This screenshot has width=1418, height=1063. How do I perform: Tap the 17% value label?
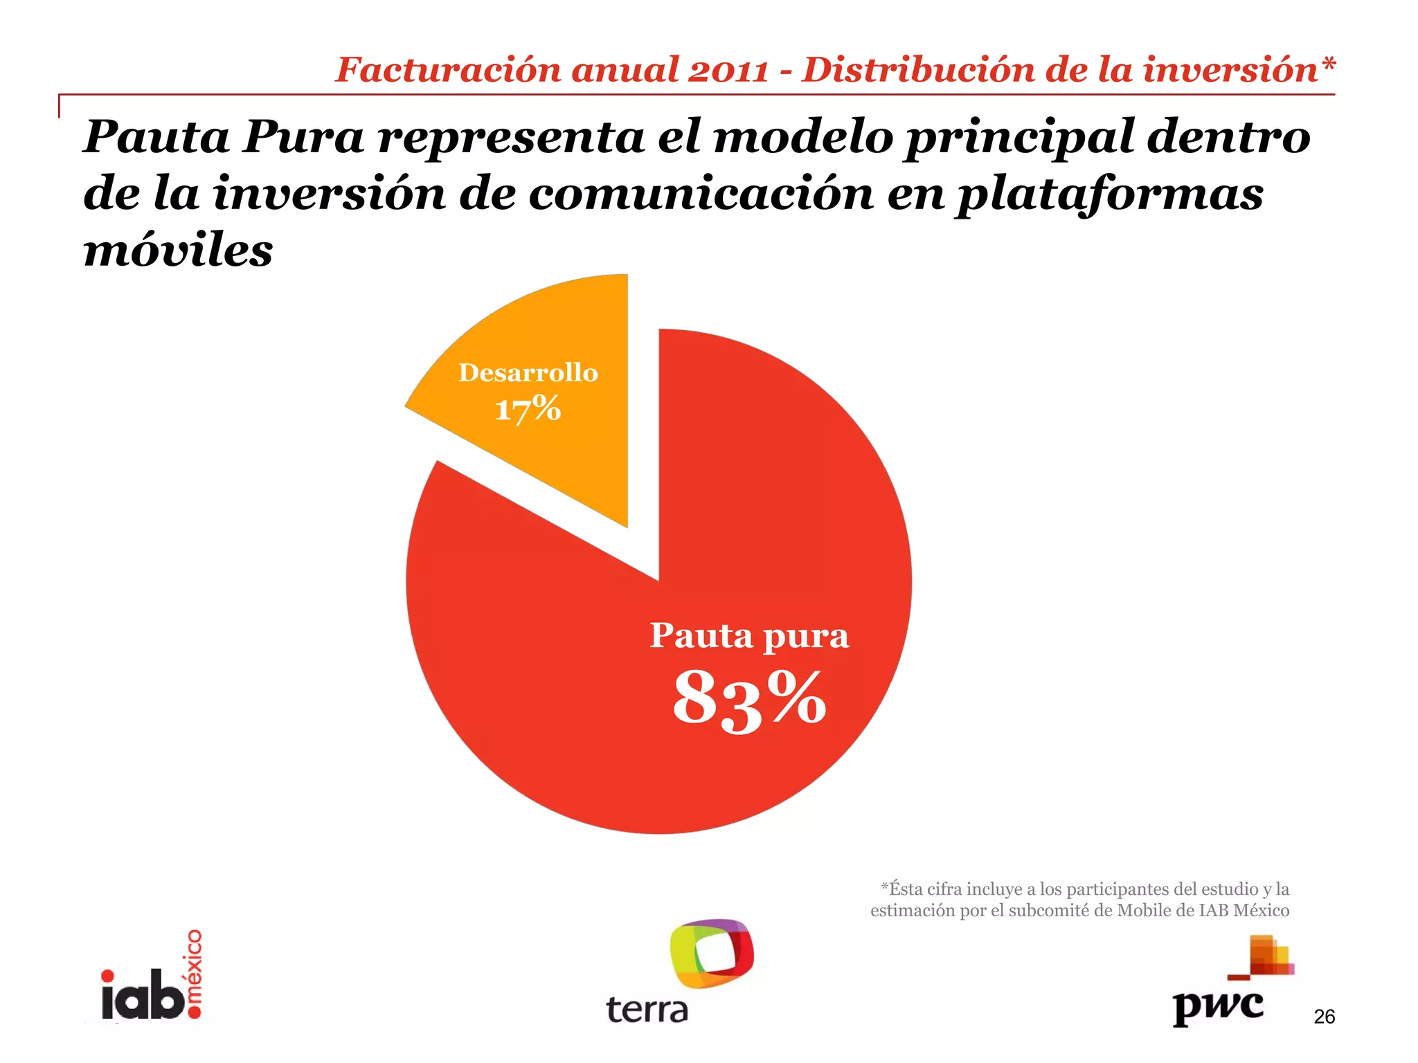tap(528, 409)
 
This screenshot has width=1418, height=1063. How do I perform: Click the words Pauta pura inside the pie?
tap(749, 635)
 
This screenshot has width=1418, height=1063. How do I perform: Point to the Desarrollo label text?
tap(528, 373)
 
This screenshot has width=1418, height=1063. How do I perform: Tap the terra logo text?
tap(647, 1010)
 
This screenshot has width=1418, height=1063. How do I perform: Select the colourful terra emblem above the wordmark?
tap(712, 953)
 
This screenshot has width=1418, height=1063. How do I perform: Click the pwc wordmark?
tap(1218, 1007)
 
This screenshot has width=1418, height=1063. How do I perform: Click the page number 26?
tap(1324, 1017)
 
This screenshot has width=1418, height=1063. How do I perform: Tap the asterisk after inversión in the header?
tap(1328, 66)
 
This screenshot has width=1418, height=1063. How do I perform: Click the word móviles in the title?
tap(178, 251)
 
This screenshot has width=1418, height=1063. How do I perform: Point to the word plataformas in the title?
tap(1109, 195)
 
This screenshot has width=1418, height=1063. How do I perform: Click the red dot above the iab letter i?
tap(107, 976)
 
